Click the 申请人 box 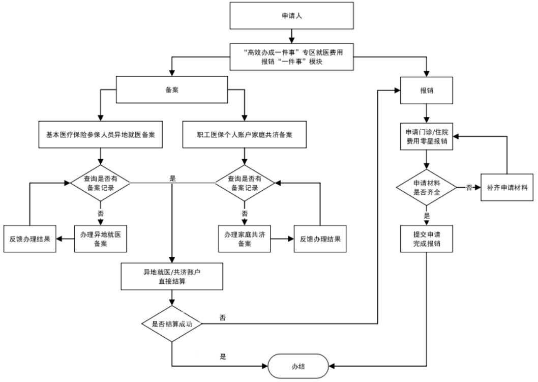(292, 17)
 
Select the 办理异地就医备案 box (101, 238)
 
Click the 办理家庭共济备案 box (245, 238)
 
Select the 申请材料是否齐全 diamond (426, 188)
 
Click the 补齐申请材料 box (506, 188)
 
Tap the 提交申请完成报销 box (426, 238)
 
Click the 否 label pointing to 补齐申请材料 (469, 188)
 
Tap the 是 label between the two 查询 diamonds (172, 179)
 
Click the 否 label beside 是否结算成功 (222, 318)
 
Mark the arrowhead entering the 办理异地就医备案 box (101, 222)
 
